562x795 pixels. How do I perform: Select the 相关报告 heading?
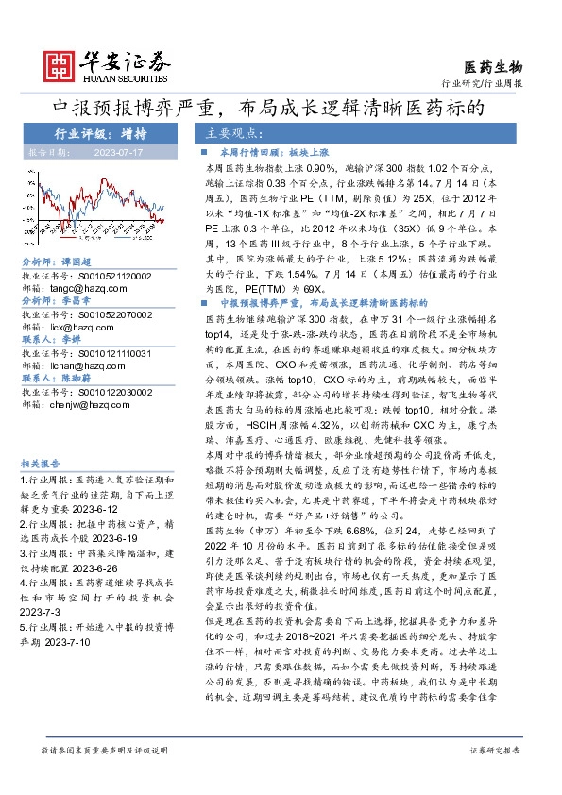[x=41, y=463]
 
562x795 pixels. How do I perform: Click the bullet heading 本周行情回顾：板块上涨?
[x=268, y=151]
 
